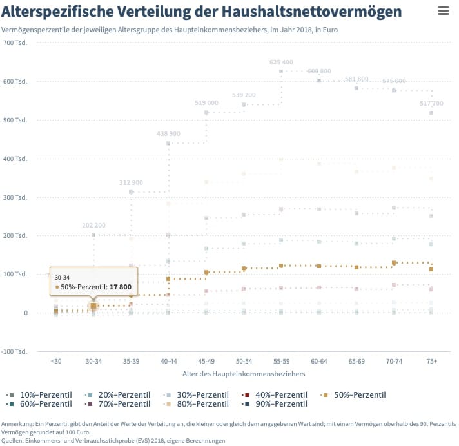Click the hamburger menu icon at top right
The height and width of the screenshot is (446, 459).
(443, 10)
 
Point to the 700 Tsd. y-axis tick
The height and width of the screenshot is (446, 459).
(14, 43)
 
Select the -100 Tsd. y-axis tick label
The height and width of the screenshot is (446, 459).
(14, 351)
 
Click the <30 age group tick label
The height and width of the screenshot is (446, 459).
(57, 362)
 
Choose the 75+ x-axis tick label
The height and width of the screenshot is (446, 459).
(431, 362)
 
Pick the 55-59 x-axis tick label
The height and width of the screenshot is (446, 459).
(281, 362)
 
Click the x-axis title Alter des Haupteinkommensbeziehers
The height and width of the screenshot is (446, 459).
(244, 373)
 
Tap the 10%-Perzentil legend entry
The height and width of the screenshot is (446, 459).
(40, 394)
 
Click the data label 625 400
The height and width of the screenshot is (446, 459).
(281, 63)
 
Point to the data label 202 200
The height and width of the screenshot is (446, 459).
(93, 226)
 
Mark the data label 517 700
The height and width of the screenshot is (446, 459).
(431, 103)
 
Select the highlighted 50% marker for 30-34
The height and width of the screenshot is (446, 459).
(93, 306)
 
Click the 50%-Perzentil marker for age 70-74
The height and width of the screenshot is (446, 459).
(394, 263)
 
